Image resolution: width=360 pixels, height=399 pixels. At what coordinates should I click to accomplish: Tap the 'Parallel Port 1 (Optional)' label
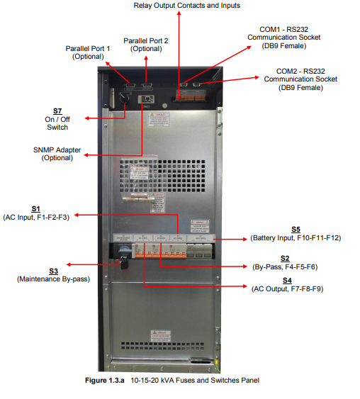click(x=88, y=52)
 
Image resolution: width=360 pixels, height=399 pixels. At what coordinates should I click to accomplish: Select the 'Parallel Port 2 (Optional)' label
click(x=146, y=44)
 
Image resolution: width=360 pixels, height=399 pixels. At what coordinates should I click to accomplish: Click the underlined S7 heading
click(x=57, y=111)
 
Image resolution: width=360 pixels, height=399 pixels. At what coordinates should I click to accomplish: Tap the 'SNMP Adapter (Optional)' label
click(x=57, y=154)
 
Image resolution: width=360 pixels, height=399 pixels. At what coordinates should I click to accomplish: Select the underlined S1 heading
click(x=36, y=208)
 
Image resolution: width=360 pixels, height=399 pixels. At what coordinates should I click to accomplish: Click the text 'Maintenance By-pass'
click(x=53, y=279)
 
